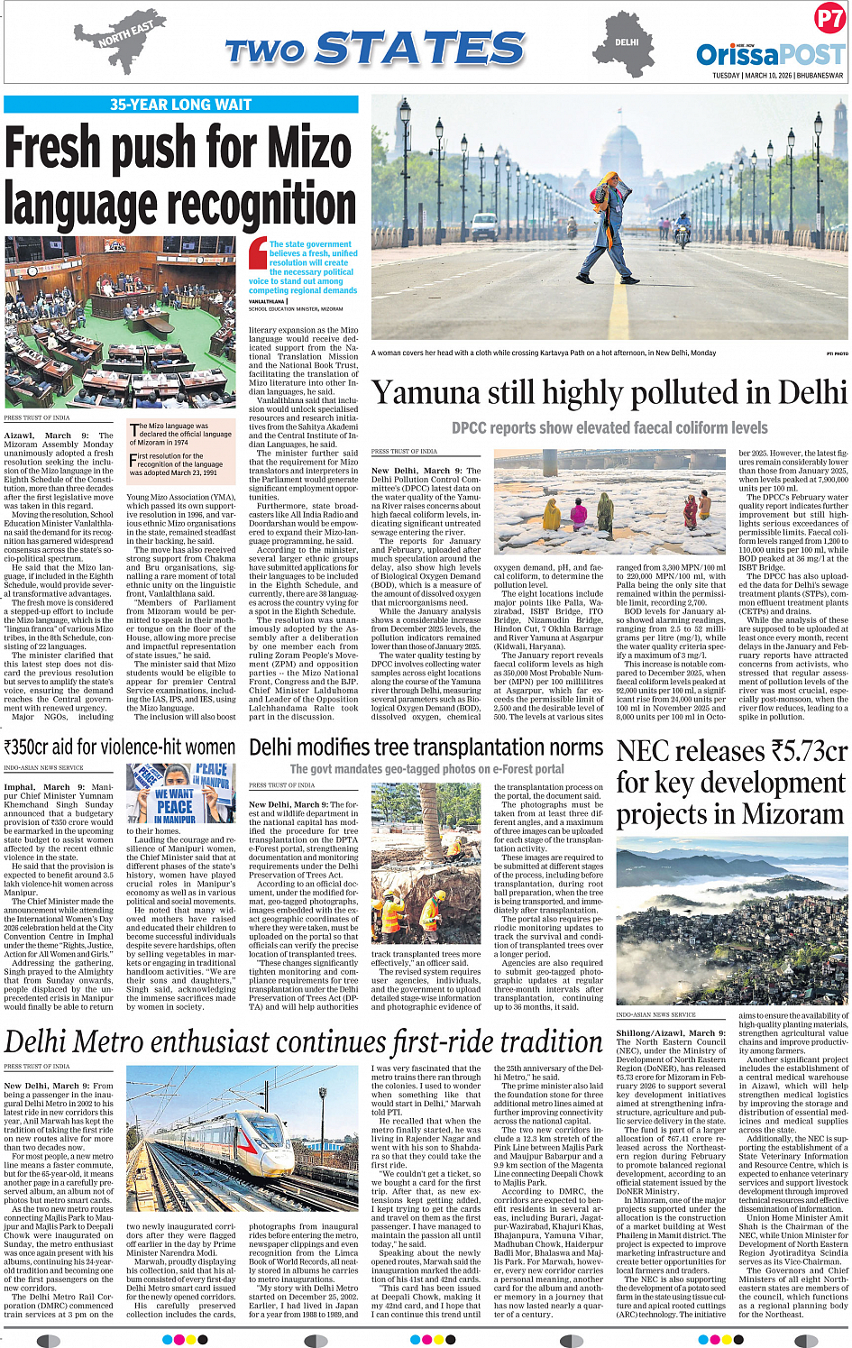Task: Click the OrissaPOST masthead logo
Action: pyautogui.click(x=770, y=54)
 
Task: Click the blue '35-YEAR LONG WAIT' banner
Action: pyautogui.click(x=180, y=105)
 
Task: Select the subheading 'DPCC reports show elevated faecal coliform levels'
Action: pyautogui.click(x=609, y=428)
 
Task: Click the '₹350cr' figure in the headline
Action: pyautogui.click(x=39, y=747)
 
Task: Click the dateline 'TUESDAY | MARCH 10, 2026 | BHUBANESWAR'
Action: pyautogui.click(x=778, y=76)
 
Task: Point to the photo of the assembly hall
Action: pyautogui.click(x=120, y=322)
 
